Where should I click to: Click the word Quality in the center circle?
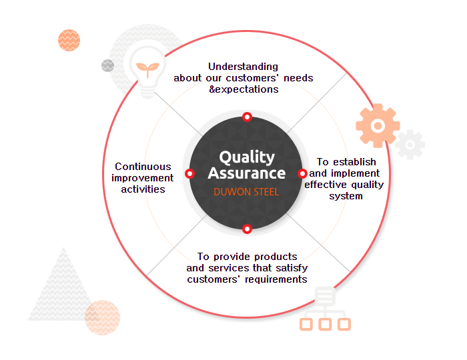tap(247, 157)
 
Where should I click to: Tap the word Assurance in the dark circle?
tap(247, 173)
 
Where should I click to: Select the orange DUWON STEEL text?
tap(246, 192)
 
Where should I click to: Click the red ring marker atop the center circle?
tap(247, 117)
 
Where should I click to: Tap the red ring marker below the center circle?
tap(247, 229)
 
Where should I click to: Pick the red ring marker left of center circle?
tap(189, 173)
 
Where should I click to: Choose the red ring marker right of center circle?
tap(302, 173)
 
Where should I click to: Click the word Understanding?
tap(243, 67)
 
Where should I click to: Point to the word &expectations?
tap(244, 89)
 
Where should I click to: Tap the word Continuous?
tap(143, 167)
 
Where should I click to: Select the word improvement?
tap(142, 178)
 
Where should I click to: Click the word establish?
tap(354, 162)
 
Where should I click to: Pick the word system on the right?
tap(346, 196)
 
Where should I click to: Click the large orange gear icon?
tap(378, 125)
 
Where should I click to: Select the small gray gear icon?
tap(410, 145)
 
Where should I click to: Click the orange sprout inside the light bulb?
tap(147, 69)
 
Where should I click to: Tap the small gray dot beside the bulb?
tap(107, 65)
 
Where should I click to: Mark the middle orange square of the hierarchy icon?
tap(325, 324)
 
